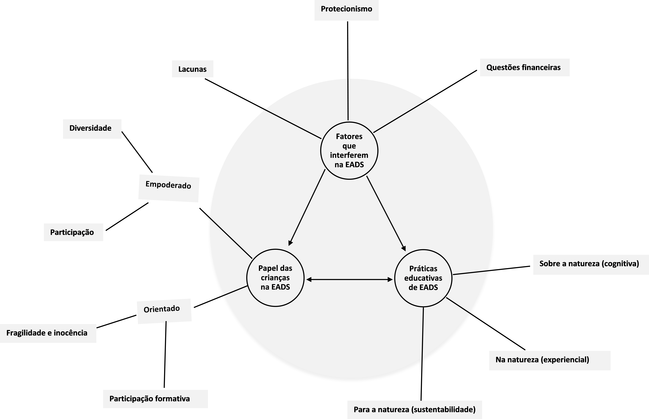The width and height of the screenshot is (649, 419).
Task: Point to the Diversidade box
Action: point(92,129)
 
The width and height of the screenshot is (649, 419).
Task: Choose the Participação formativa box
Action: point(155,399)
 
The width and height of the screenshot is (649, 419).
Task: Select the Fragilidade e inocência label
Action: point(48,333)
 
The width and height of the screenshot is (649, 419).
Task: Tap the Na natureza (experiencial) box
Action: point(549,360)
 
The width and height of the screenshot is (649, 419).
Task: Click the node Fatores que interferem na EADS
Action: point(349,150)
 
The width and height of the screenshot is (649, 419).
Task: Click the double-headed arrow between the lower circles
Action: point(349,279)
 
